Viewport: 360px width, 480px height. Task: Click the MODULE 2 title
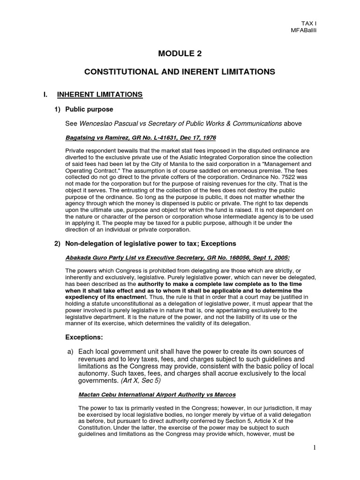(180, 53)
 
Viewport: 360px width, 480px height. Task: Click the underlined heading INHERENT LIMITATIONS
(99, 95)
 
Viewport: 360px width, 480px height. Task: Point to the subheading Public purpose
(89, 109)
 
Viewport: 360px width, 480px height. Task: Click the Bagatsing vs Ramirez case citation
(140, 138)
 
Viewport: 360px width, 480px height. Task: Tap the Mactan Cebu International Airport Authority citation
(150, 395)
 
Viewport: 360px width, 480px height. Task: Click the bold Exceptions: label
(84, 337)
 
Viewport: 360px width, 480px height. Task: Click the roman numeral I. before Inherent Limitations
(45, 95)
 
